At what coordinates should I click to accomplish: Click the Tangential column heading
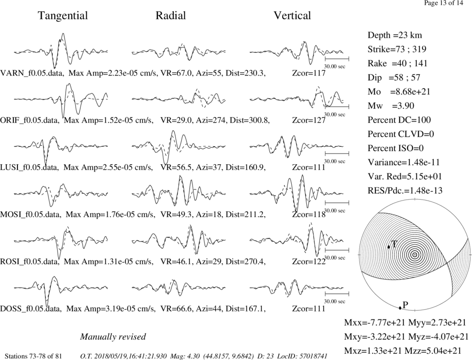[x=63, y=16]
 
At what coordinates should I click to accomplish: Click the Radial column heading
[x=171, y=16]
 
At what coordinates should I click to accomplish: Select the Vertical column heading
[x=292, y=16]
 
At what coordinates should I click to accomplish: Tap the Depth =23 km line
[x=395, y=35]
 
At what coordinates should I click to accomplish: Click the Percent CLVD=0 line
[x=401, y=134]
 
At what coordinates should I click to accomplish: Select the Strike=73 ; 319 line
[x=397, y=49]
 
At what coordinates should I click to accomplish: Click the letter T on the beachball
[x=394, y=244]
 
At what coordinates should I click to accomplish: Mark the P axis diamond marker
[x=400, y=308]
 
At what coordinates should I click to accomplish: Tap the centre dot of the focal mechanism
[x=415, y=255]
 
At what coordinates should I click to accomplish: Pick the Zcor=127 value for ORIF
[x=309, y=120]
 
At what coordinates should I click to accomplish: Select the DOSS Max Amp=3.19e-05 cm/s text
[x=111, y=309]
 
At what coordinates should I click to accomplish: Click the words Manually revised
[x=113, y=336]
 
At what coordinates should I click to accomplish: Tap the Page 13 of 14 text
[x=443, y=3]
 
